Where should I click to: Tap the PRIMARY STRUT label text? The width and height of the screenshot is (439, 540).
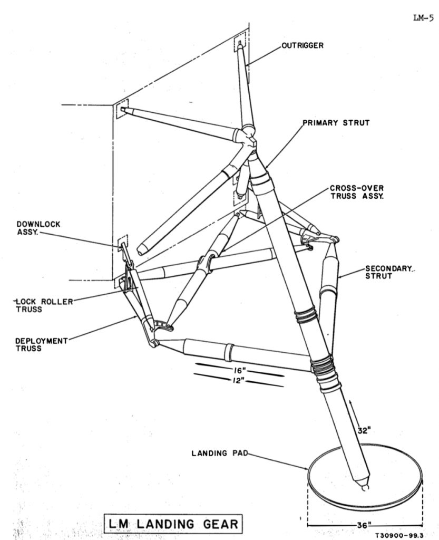[336, 123]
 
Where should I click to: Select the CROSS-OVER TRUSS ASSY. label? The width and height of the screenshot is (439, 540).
[357, 191]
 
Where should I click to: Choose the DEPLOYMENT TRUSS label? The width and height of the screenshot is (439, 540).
[42, 344]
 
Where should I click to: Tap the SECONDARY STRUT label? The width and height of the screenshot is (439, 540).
[387, 273]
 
